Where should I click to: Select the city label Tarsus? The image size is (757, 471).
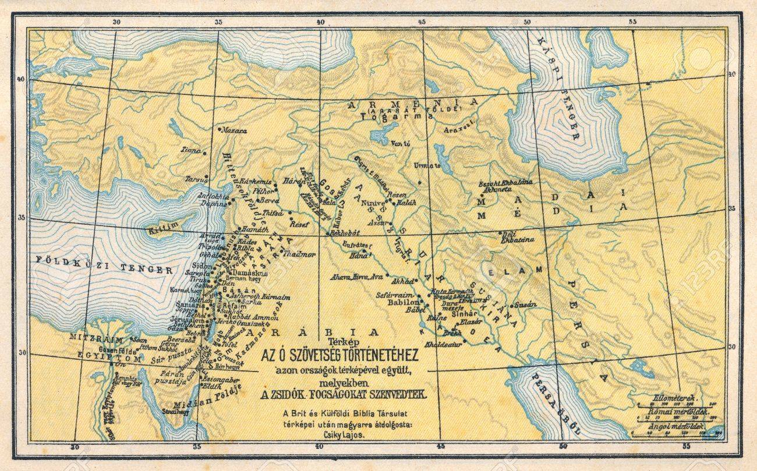(196, 179)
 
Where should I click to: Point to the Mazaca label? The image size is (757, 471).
(235, 131)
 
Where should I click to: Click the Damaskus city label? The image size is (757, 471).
(249, 272)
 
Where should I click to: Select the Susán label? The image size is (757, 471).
(526, 304)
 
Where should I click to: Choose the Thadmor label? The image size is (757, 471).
(299, 254)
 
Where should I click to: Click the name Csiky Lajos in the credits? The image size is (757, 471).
(347, 434)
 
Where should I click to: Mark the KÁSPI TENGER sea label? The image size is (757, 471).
(557, 87)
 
